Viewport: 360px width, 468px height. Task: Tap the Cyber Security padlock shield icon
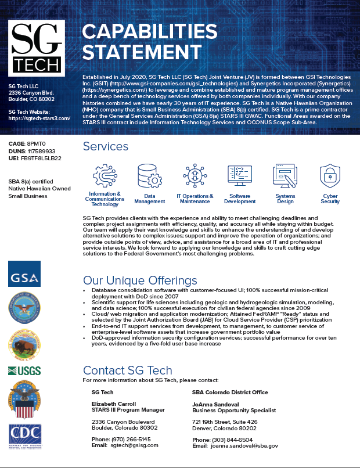tap(330, 175)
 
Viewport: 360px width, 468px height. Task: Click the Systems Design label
tap(285, 199)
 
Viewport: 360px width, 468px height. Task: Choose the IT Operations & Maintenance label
tap(195, 199)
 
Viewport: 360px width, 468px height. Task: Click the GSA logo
tap(24, 273)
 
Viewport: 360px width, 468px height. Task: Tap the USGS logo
tap(24, 371)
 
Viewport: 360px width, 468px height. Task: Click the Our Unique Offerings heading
tap(140, 280)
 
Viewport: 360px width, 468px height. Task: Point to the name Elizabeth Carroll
tap(114, 404)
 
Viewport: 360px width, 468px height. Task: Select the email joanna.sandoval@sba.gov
tap(244, 445)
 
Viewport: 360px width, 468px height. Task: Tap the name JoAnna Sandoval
tap(215, 404)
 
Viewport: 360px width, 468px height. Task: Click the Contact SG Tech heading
tap(128, 370)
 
